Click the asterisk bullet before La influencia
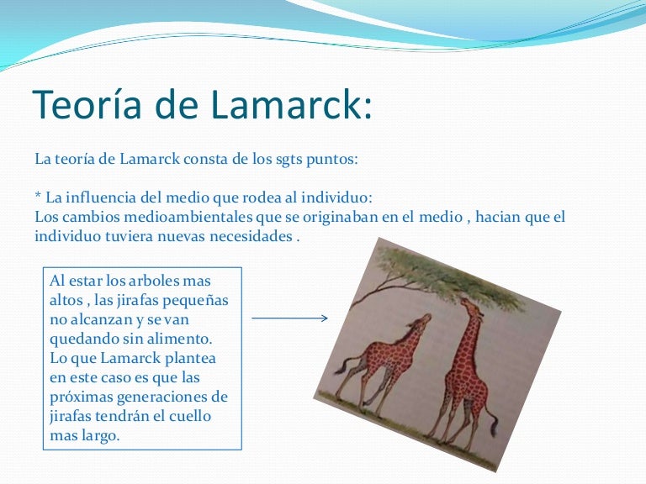(37, 198)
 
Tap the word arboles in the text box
(153, 281)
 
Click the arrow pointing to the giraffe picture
(289, 318)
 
